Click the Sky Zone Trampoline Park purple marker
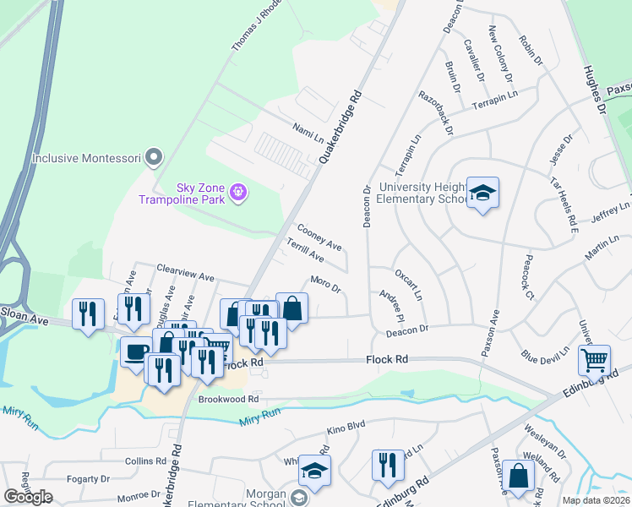pyautogui.click(x=238, y=193)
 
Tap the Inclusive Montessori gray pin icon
pyautogui.click(x=153, y=157)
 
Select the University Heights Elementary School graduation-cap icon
pyautogui.click(x=482, y=194)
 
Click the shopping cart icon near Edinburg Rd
pyautogui.click(x=594, y=361)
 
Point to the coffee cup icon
pyautogui.click(x=136, y=352)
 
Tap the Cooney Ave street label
pyautogui.click(x=319, y=237)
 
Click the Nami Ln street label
pyautogui.click(x=308, y=132)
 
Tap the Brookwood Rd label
pyautogui.click(x=228, y=400)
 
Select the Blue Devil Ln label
pyautogui.click(x=546, y=357)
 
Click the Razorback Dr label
pyautogui.click(x=436, y=114)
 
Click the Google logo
pyautogui.click(x=28, y=497)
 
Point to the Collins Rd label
pyautogui.click(x=145, y=461)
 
